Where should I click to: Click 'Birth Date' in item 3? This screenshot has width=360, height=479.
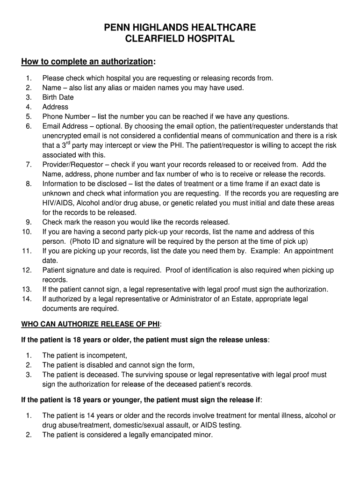(58, 97)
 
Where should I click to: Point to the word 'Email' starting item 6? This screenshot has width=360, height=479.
(51, 126)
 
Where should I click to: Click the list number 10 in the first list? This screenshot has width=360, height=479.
(27, 232)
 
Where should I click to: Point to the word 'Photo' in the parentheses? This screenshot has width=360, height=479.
(82, 241)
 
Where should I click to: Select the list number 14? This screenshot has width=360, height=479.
(27, 299)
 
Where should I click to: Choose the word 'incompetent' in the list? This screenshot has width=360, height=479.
(108, 356)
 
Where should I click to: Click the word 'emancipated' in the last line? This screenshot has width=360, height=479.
(168, 435)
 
